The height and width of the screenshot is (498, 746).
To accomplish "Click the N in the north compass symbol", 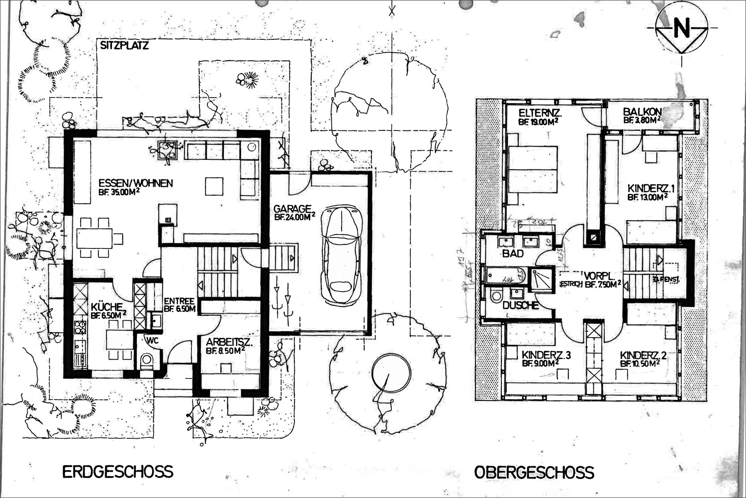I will coord(682,29).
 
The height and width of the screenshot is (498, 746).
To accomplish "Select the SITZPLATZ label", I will coord(124,46).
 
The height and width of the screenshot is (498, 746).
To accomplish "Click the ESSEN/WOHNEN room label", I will coord(136,183).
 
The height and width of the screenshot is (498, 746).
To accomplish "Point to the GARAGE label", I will coord(292,209).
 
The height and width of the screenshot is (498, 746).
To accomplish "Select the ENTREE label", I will coord(179,301).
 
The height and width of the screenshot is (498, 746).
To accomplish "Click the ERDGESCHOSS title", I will coord(118,471).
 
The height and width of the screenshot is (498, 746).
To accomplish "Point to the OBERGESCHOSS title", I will coord(534,472).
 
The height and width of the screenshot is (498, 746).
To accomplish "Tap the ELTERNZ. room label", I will coord(540,113).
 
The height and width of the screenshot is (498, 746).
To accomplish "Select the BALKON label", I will coord(642,112).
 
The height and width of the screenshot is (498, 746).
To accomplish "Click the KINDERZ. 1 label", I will coord(651,189).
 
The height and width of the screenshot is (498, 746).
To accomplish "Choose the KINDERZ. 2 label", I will coord(643,355).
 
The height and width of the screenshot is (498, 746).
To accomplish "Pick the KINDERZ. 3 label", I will coord(546,355).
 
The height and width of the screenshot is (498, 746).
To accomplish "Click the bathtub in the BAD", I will coord(507,275).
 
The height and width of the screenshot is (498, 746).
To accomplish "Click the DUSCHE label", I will coord(521,305).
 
